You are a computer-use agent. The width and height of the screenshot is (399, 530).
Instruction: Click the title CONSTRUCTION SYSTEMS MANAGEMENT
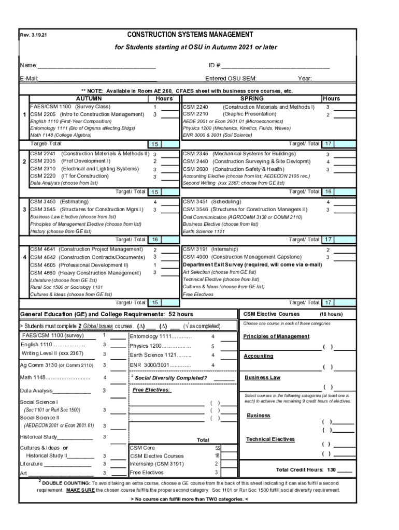[190, 35]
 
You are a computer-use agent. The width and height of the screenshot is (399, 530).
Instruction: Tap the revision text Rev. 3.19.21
[33, 36]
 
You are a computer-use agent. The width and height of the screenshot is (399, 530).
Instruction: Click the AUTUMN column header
[89, 98]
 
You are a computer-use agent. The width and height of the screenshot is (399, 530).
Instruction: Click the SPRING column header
[252, 98]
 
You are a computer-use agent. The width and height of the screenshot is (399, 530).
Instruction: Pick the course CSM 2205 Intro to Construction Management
[87, 114]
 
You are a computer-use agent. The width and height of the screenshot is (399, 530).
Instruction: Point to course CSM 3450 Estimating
[59, 201]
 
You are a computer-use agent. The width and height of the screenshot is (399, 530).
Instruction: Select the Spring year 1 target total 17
[328, 143]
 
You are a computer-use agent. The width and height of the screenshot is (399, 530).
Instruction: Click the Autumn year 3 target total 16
[155, 240]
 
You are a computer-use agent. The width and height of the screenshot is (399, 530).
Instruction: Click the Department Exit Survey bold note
[252, 264]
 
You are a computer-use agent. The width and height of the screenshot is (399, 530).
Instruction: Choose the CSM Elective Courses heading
[271, 314]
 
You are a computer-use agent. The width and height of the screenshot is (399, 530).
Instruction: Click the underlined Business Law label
[262, 378]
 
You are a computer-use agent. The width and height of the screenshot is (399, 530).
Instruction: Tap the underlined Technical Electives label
[270, 439]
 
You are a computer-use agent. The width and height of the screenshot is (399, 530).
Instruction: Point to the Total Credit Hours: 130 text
[306, 470]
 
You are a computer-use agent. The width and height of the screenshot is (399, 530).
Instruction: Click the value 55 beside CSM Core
[218, 448]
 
